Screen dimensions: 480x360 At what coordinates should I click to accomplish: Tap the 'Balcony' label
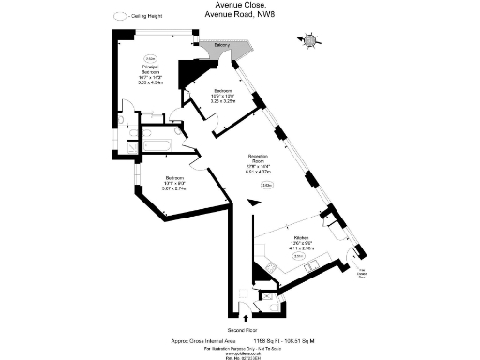(222, 45)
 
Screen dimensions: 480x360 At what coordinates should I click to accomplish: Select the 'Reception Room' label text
(259, 158)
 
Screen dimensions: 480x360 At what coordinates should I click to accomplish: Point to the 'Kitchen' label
(301, 239)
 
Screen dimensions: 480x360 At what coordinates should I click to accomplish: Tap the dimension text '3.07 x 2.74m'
(174, 189)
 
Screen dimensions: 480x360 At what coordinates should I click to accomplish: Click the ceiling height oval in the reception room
(267, 185)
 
